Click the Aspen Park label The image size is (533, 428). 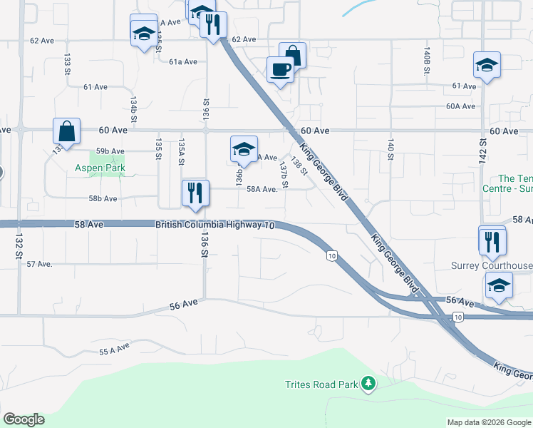[100, 169]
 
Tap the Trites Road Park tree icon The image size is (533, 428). [368, 384]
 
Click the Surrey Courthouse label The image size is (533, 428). [492, 266]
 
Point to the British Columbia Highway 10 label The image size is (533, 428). [215, 225]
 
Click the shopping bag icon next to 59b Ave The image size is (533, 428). [66, 131]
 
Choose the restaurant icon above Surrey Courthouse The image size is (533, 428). [492, 241]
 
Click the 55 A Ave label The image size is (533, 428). [114, 349]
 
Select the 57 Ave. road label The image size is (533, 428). [40, 264]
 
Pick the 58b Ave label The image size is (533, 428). [103, 198]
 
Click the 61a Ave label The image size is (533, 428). [183, 62]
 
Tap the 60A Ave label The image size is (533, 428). [460, 106]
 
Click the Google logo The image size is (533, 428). [24, 419]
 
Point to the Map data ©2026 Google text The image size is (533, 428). [488, 422]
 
